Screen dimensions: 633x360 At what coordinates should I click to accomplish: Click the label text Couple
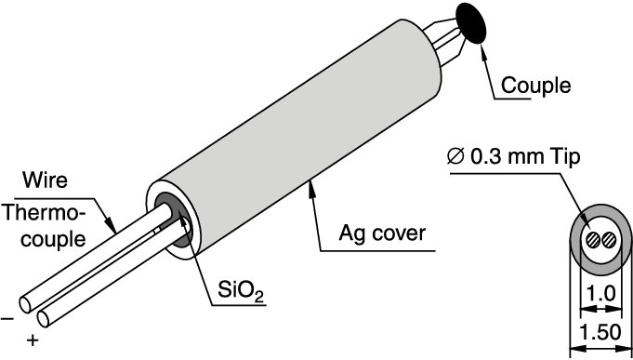pos(536,87)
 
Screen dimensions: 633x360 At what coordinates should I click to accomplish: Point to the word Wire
pos(45,179)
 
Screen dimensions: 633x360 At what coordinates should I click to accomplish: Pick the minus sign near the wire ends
pos(7,318)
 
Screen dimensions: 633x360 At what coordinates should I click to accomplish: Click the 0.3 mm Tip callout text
pos(524,156)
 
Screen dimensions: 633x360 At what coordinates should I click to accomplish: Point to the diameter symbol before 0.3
pos(455,156)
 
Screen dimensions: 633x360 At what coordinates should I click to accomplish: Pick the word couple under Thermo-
pos(46,238)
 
